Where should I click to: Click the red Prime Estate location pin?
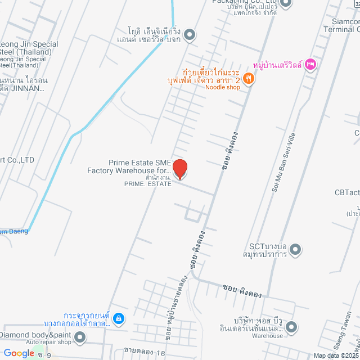[x=179, y=169]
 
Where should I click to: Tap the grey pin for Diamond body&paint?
[x=80, y=337]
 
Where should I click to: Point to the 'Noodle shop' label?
[x=222, y=87]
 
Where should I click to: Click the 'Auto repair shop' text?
[x=48, y=342]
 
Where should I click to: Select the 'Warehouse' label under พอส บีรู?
[x=267, y=336]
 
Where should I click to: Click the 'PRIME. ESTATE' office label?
[x=148, y=183]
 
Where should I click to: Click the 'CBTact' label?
[x=346, y=193]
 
